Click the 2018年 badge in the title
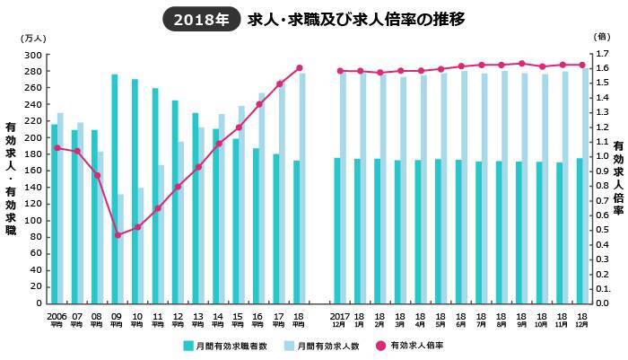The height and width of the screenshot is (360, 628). coord(200,18)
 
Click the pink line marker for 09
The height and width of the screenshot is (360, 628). coord(118,235)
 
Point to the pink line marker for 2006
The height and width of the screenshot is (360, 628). coord(57,148)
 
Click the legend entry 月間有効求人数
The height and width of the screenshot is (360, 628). coord(327,345)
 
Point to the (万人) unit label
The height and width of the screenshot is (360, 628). coord(31,38)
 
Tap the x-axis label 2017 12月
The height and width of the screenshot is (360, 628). coord(340,320)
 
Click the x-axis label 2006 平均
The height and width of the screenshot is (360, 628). coord(56,320)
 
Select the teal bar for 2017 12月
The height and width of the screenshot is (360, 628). coord(337,231)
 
